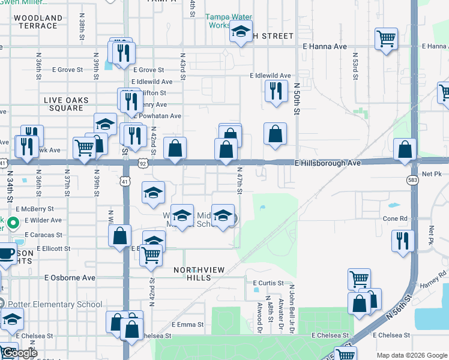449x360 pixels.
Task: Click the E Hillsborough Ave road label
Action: [x=327, y=163]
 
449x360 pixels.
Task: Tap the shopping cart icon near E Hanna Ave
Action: [x=386, y=40]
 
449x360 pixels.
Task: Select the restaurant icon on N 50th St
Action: [x=275, y=91]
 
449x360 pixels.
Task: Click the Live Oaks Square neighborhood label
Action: [x=66, y=104]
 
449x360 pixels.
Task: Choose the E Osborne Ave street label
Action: [x=70, y=278]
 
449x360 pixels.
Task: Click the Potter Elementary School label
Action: [x=55, y=304]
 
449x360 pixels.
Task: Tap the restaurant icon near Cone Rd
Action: [x=402, y=240]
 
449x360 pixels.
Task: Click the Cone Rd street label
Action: [x=395, y=219]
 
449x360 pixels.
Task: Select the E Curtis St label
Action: [x=267, y=283]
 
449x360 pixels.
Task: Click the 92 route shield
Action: [x=142, y=163]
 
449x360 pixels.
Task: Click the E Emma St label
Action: [x=187, y=324]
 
